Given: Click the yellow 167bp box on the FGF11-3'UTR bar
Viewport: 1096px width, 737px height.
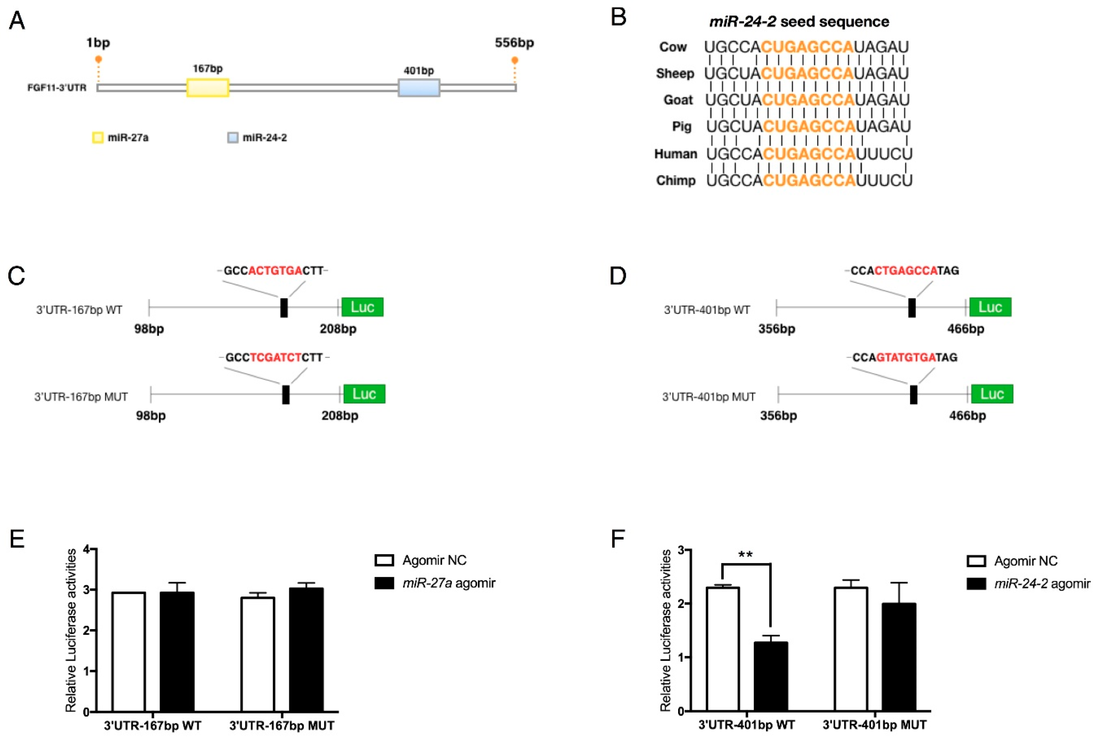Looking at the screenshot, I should [208, 88].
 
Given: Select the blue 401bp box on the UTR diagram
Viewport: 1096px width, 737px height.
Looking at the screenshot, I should [419, 88].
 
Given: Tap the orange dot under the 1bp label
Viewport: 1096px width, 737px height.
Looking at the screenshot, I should [98, 59].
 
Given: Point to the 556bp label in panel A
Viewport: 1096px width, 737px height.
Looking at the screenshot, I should [514, 43].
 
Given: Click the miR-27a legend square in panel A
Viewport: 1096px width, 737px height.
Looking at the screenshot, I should [98, 138].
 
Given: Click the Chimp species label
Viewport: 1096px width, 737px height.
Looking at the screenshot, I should [675, 181].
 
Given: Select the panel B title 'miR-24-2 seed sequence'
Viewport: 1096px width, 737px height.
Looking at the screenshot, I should [799, 22].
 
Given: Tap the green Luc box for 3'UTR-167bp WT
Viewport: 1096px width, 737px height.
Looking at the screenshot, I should [362, 307].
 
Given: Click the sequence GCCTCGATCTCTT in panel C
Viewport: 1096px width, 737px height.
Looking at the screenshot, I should [274, 358].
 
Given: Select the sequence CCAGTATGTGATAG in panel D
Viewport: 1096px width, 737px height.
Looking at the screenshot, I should [905, 358].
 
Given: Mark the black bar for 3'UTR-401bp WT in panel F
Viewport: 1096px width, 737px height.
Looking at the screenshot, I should [771, 677].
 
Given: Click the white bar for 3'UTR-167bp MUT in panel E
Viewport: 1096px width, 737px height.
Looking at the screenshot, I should [258, 654].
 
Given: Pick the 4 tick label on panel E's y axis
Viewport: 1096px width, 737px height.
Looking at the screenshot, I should [86, 549].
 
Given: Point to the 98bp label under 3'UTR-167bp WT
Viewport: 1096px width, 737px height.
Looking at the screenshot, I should [149, 329].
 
